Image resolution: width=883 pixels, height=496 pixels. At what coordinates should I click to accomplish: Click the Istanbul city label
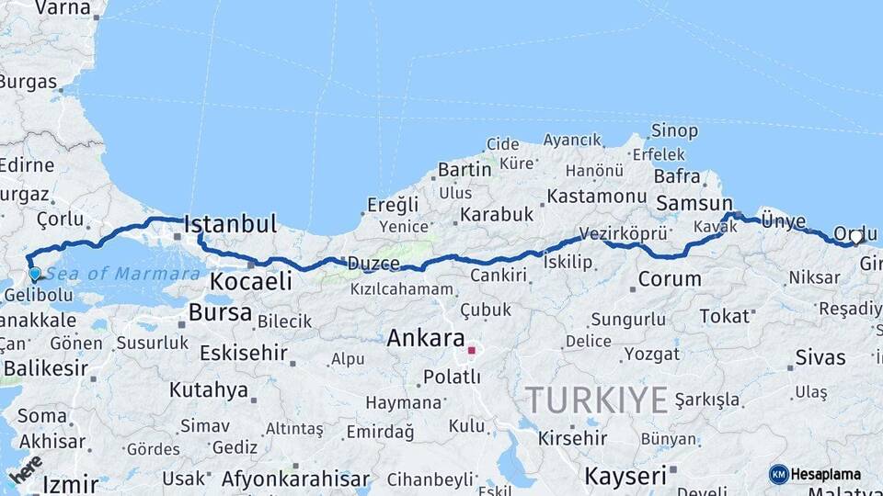coord(230,224)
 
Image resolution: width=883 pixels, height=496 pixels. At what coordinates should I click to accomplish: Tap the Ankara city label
coord(425,337)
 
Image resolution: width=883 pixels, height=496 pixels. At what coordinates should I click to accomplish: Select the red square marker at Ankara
coord(472,350)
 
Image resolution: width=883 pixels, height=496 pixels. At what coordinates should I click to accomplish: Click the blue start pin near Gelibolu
coord(34,273)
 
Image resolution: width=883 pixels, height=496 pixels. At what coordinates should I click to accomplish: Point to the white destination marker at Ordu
coord(856,237)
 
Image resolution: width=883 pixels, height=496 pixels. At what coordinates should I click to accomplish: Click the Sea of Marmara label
coord(122,274)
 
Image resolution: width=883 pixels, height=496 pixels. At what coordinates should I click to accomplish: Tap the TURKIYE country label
coord(596,400)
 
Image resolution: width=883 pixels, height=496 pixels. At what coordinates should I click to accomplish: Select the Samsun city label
coord(694,204)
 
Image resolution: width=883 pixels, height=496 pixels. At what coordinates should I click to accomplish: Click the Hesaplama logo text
coord(826,474)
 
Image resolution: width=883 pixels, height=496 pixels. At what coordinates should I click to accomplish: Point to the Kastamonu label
coord(597,197)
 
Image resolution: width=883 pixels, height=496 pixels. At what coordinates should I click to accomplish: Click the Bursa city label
coord(220,312)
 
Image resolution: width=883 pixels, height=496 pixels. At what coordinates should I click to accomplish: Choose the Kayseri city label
coord(625,476)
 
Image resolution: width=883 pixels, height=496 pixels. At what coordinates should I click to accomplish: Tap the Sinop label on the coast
coord(674,131)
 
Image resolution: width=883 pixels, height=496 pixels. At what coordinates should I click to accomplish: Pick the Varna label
coord(63,9)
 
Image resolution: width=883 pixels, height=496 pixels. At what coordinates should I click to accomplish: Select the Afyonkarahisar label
coord(295,479)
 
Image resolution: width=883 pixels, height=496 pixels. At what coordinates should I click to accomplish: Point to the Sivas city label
coord(820,357)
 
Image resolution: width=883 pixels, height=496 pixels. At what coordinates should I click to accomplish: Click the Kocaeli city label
coord(250,281)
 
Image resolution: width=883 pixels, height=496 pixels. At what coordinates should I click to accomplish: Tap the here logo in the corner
coord(26,469)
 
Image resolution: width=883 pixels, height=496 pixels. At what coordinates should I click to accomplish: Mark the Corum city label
coord(669,279)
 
